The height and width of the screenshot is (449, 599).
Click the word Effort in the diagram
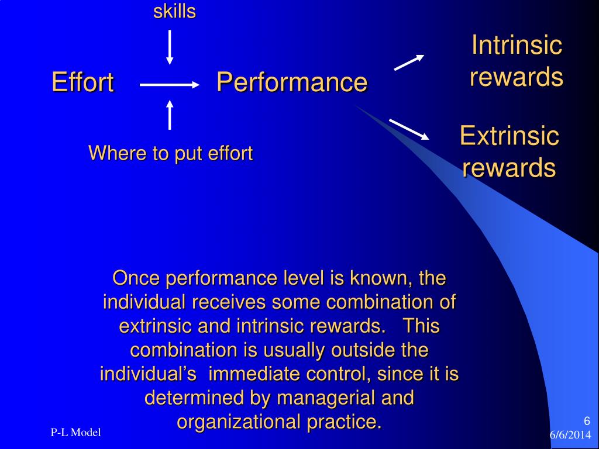coord(82,82)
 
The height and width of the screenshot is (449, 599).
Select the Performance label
coord(292,82)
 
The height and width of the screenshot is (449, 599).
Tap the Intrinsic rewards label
coord(517,61)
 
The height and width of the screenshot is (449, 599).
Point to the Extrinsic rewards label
coord(509,151)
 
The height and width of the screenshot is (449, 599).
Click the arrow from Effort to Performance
coord(170,85)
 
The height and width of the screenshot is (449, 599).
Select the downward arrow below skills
coord(170,47)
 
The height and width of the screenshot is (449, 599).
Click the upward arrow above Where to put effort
coord(170,115)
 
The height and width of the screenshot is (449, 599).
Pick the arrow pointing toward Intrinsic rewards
coord(409,62)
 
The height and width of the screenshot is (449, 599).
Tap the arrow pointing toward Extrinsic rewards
coord(409,129)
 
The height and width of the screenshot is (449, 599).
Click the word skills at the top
coord(174,11)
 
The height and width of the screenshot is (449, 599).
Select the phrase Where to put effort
coord(170,154)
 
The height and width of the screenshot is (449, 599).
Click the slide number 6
coord(587,422)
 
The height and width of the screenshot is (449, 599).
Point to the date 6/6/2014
coord(570,436)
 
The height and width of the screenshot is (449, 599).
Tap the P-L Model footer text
coord(75,433)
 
